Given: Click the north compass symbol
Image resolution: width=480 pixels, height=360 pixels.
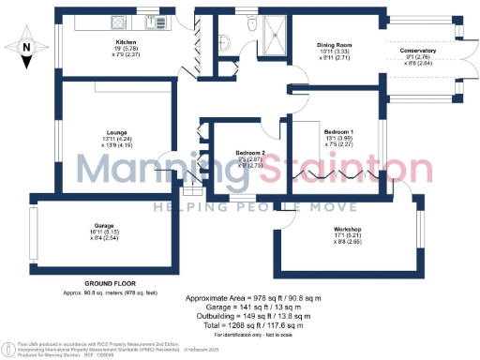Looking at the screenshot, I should [x=27, y=43].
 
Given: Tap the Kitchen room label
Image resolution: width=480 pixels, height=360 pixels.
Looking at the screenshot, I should [x=127, y=42].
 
